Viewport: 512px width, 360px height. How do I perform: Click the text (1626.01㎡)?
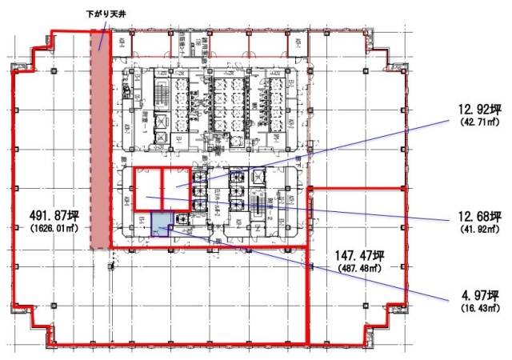point(54,227)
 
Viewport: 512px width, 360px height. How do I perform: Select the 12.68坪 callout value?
point(477,216)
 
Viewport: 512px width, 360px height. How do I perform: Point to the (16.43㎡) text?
point(478,307)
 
